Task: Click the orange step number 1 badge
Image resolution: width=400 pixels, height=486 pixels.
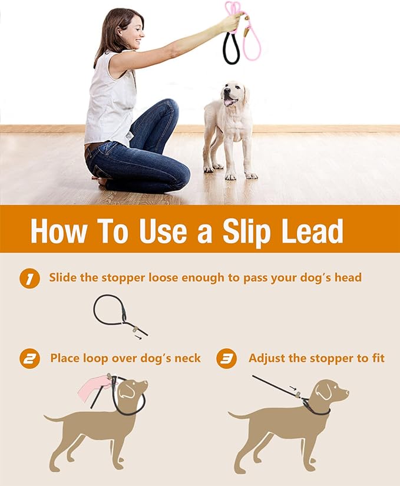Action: (x=29, y=278)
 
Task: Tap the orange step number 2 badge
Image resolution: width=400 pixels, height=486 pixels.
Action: (x=29, y=359)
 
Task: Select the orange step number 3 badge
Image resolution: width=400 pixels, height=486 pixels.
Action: (x=226, y=359)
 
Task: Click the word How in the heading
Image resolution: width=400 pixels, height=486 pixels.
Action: (x=59, y=231)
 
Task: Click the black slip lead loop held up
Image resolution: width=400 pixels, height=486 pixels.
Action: (x=231, y=50)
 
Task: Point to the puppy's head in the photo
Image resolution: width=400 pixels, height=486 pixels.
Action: (x=233, y=94)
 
